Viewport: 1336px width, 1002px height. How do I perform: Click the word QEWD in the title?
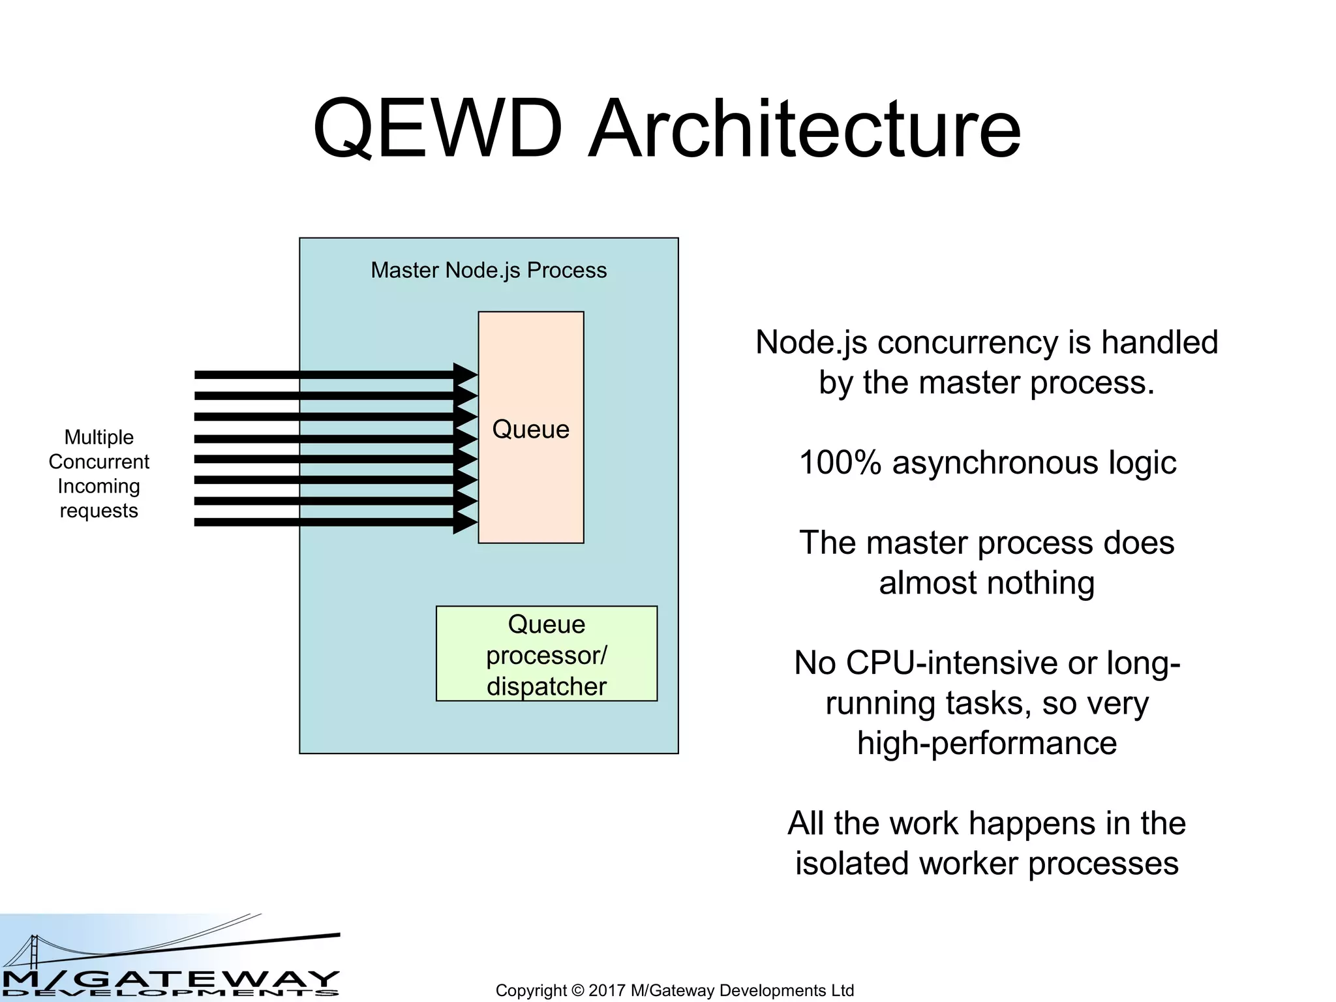tap(437, 129)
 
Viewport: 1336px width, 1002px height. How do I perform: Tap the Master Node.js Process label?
tap(489, 270)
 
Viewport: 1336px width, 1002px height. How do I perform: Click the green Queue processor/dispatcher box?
tap(547, 654)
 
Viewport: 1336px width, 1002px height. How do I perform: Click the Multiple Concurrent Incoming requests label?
tap(99, 474)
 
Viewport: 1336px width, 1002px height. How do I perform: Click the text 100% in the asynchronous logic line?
tap(840, 463)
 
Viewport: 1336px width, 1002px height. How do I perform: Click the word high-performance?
tap(986, 744)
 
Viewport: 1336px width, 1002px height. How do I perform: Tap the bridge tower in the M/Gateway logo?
tap(33, 952)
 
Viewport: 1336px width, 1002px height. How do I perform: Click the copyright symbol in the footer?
tap(577, 990)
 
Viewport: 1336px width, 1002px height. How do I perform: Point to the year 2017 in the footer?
tap(607, 990)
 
